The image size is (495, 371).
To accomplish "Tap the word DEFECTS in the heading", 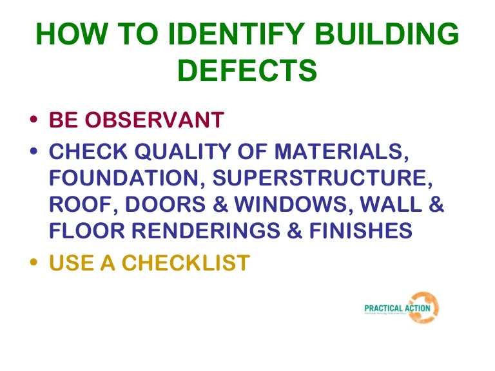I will (x=247, y=71).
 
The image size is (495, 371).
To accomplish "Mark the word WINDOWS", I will (x=290, y=204).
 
